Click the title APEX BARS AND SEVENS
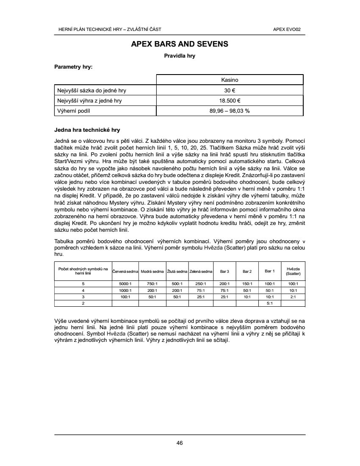180,44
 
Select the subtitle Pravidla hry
180,55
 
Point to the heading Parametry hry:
73,67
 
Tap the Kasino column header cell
230,80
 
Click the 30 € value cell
230,90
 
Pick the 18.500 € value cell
230,101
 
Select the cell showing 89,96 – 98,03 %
230,111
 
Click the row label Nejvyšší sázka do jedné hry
92,90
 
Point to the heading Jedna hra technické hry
87,130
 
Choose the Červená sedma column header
125,271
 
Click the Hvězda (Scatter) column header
293,271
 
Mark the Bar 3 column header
225,271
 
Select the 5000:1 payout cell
125,284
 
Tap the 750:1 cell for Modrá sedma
152,284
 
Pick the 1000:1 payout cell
125,291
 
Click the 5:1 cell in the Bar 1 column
269,303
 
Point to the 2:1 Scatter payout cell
293,297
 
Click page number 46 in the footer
180,443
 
